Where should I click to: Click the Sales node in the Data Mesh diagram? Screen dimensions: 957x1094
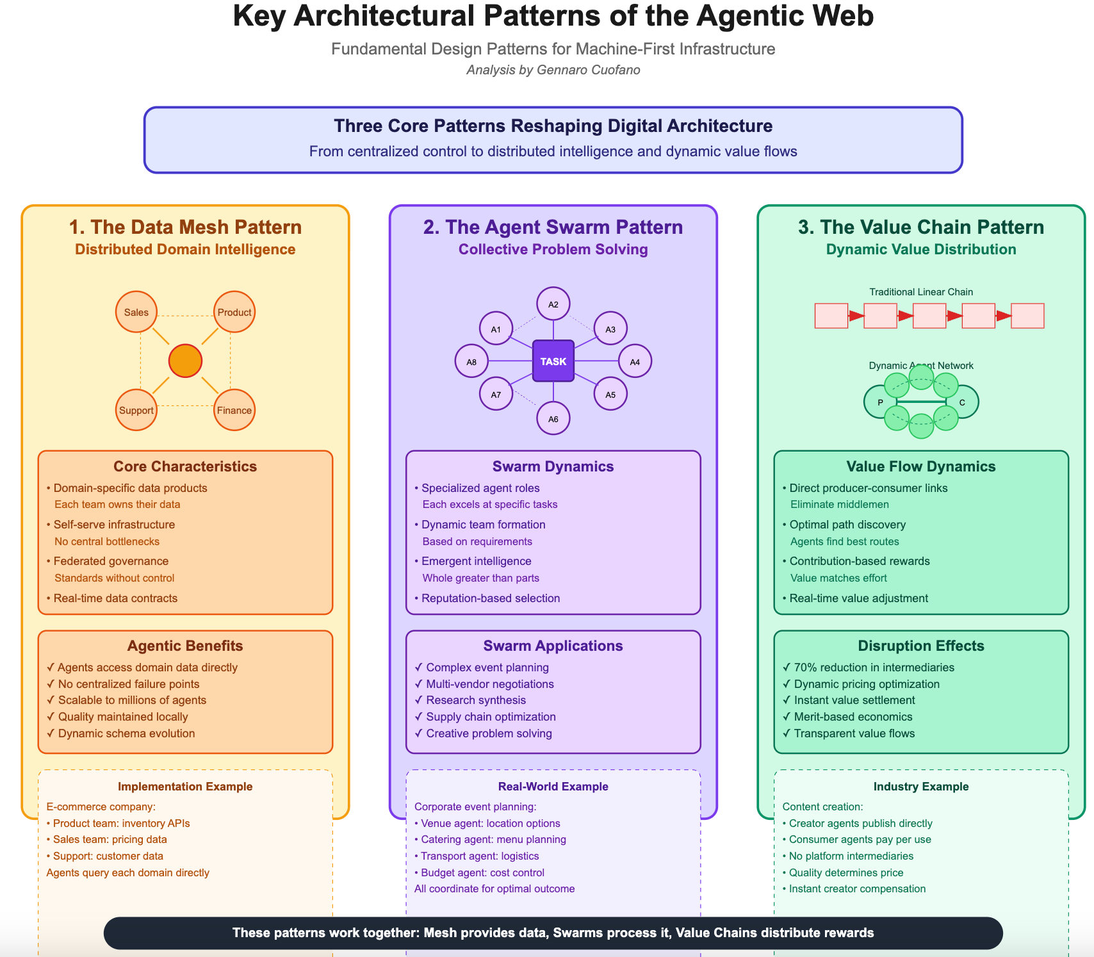click(x=136, y=313)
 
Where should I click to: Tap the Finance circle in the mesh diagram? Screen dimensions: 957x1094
click(x=234, y=410)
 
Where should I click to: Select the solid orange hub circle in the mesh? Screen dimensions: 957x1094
click(x=185, y=361)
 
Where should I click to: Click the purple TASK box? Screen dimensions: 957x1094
click(x=553, y=361)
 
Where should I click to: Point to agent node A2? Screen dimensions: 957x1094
click(x=553, y=304)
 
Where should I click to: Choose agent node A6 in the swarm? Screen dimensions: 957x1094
click(x=553, y=419)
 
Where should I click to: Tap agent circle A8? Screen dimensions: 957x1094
click(x=471, y=362)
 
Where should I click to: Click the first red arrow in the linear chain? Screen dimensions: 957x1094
click(x=856, y=316)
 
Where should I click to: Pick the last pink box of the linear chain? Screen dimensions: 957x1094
click(x=1027, y=316)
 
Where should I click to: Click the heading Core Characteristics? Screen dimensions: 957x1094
click(x=185, y=466)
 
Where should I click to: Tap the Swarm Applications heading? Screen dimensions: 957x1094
click(x=553, y=646)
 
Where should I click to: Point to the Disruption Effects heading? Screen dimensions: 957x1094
click(x=920, y=646)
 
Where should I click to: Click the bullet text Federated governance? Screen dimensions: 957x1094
click(x=111, y=561)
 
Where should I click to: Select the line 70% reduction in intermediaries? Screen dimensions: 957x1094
click(x=874, y=667)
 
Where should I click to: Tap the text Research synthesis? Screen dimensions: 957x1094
click(x=476, y=700)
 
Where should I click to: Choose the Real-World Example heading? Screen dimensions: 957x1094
click(x=553, y=787)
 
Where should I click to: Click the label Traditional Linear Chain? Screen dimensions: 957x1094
click(x=920, y=292)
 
